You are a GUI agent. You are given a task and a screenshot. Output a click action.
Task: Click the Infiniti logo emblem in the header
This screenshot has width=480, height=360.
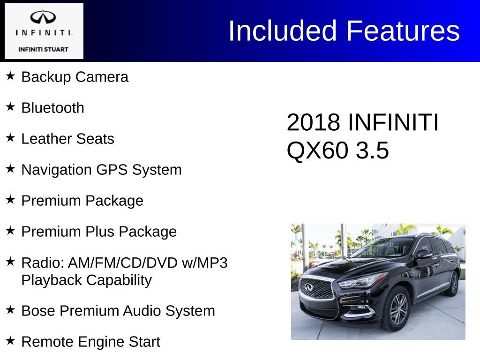coord(44,18)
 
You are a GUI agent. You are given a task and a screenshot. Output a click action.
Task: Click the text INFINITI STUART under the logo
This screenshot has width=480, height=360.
coord(43,49)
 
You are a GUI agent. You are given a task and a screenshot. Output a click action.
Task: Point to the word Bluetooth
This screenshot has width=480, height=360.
coord(53,108)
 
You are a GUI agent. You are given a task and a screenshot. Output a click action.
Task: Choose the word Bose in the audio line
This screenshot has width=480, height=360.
coord(37,311)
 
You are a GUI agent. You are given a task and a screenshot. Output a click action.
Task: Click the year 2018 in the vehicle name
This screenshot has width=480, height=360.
coord(313,123)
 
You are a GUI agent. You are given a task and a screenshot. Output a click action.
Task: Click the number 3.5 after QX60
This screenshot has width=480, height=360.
coord(372,151)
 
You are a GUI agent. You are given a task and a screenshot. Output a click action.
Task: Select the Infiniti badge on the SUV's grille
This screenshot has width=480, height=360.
coord(309,287)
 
